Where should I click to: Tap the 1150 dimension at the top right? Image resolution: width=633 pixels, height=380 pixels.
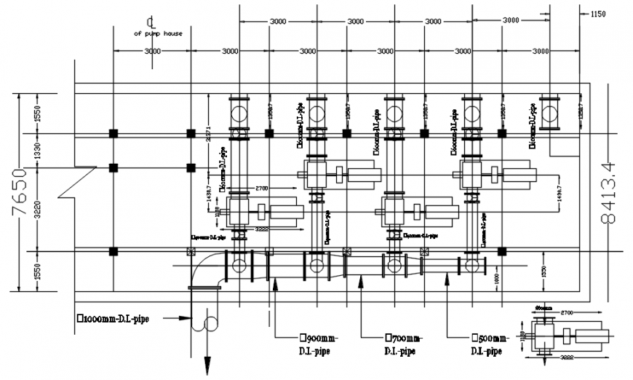pyautogui.click(x=598, y=13)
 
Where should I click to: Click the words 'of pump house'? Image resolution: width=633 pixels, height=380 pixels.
pyautogui.click(x=158, y=33)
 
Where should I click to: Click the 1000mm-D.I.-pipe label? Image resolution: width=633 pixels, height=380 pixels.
pyautogui.click(x=114, y=318)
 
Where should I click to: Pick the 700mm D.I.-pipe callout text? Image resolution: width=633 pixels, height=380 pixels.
pyautogui.click(x=405, y=344)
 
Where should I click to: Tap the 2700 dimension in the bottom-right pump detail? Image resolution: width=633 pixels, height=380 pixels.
pyautogui.click(x=568, y=313)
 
